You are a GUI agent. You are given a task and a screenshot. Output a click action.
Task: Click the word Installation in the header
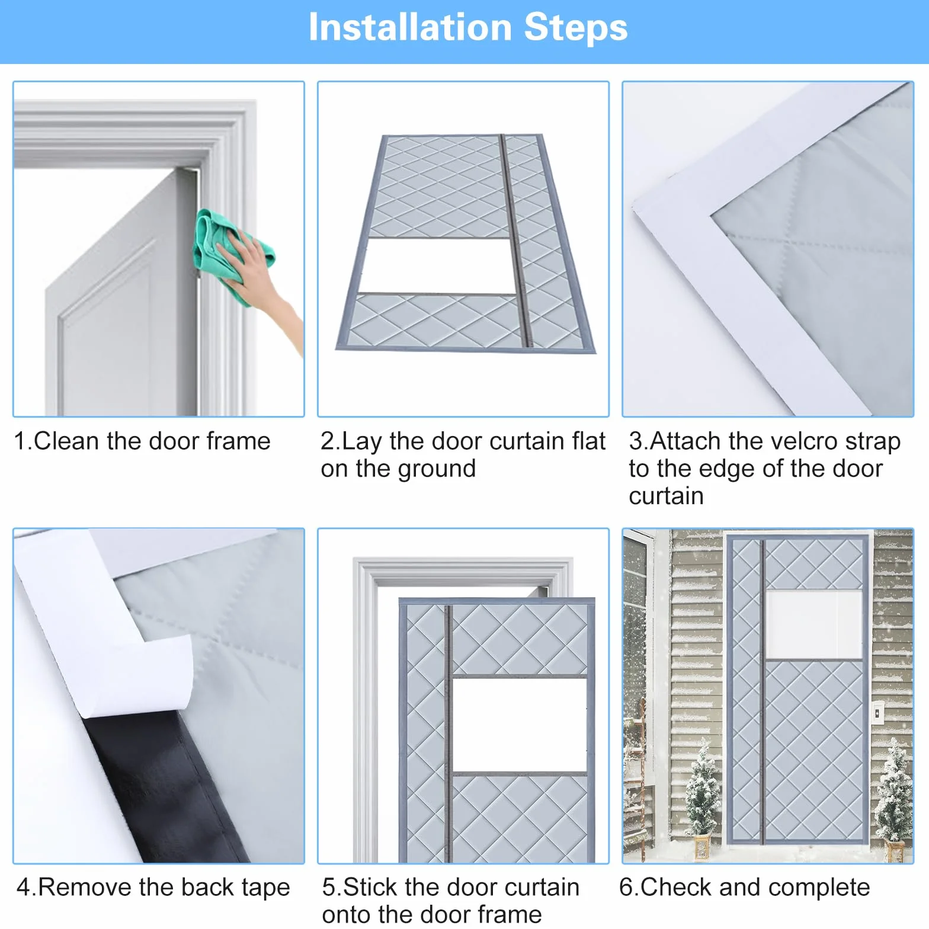pyautogui.click(x=410, y=27)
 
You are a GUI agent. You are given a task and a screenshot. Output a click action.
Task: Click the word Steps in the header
pyautogui.click(x=576, y=28)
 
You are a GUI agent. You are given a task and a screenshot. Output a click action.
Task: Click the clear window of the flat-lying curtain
pyautogui.click(x=438, y=265)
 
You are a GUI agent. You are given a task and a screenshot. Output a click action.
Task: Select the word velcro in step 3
pyautogui.click(x=784, y=441)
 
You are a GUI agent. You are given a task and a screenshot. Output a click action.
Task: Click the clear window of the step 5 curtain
pyautogui.click(x=519, y=725)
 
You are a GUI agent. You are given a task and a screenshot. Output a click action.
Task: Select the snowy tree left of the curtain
pyautogui.click(x=703, y=794)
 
